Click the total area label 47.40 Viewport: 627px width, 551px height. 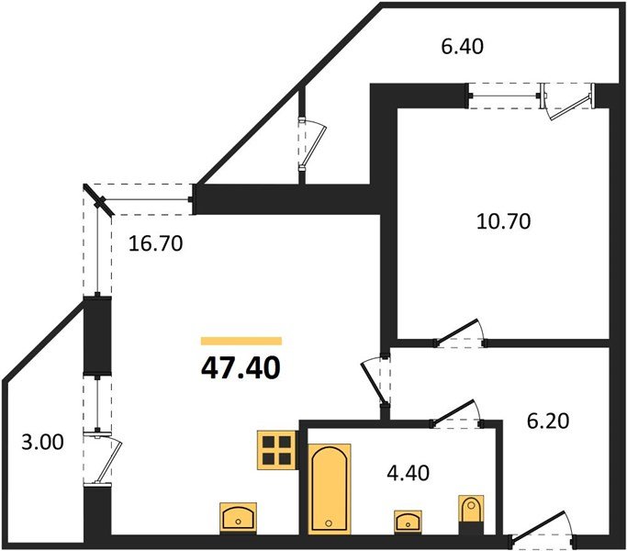coord(240,368)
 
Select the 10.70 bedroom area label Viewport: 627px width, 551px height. coord(504,220)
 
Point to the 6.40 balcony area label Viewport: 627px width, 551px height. coord(462,44)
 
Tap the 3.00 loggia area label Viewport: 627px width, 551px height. coord(41,443)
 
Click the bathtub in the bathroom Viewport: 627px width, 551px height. coord(328,487)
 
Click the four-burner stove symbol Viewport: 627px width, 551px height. coord(276,450)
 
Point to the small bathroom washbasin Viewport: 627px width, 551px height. coord(405,520)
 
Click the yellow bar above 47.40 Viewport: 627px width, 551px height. coord(241,341)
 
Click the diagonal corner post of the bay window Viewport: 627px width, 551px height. coord(98,199)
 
